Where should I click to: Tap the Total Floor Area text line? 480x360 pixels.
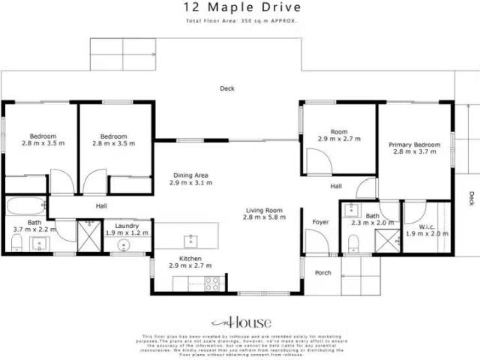pos(241,21)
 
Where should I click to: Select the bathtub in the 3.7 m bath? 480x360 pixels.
pos(25,205)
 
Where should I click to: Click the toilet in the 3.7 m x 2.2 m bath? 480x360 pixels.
pos(16,241)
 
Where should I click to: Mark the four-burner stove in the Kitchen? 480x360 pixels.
pos(211,283)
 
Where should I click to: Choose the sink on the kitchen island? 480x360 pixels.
pos(191,239)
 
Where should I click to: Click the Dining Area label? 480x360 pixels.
pos(190,178)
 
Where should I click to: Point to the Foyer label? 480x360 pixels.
pos(321,222)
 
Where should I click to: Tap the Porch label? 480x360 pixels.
pos(322,272)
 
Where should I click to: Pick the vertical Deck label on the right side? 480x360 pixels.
pos(471,198)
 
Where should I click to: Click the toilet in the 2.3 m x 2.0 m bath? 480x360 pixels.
pos(353,241)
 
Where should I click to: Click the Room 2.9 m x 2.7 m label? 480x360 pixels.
pos(338,135)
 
